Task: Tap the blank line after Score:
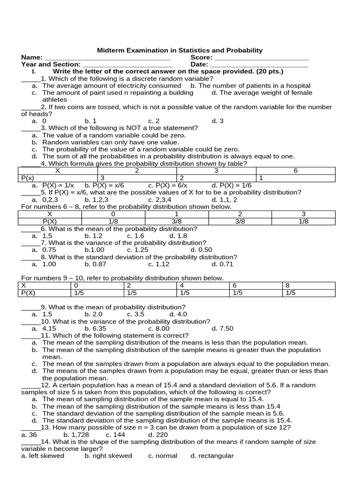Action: (261, 58)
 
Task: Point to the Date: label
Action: (199, 64)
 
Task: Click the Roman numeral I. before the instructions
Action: (33, 72)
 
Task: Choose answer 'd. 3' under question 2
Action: (217, 121)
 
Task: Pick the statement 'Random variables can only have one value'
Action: (111, 142)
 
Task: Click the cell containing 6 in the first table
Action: (295, 171)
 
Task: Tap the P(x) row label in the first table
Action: (28, 178)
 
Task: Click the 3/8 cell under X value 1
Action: (176, 221)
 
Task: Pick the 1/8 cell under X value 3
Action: (303, 221)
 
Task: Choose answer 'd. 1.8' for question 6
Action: (178, 236)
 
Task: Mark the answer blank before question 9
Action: (30, 307)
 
